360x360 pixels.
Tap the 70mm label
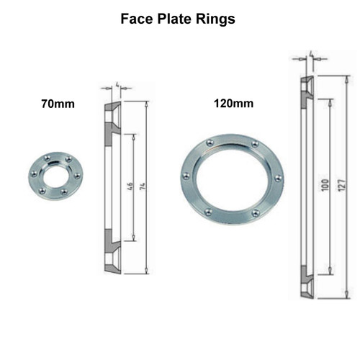tap(58, 104)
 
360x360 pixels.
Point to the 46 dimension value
tap(129, 187)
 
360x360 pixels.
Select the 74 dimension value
tap(141, 187)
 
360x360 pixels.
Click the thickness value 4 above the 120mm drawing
tap(310, 54)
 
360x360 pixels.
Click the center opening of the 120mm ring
tap(231, 178)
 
